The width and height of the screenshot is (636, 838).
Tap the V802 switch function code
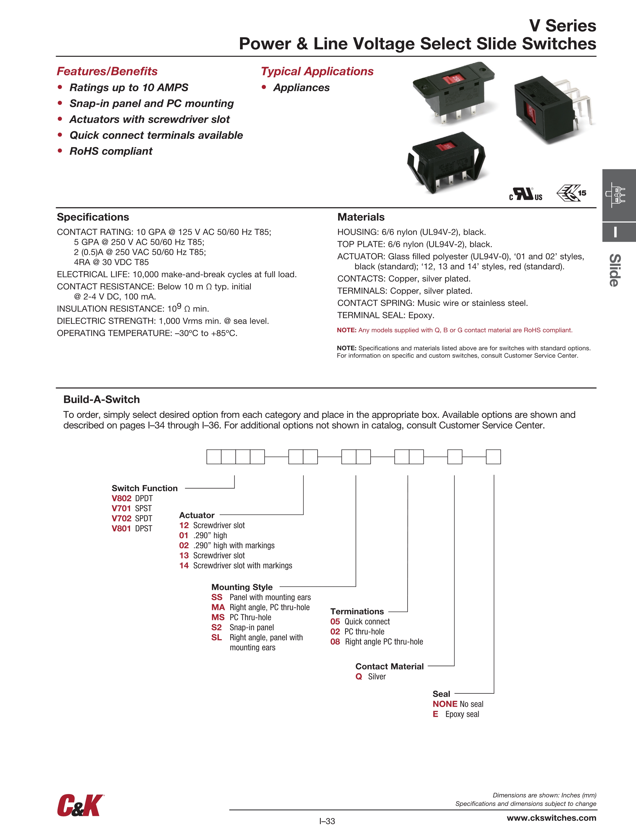point(121,499)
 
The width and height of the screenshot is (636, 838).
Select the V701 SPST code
point(121,508)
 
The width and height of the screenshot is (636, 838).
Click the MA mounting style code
point(218,607)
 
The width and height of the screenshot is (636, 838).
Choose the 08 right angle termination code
point(335,642)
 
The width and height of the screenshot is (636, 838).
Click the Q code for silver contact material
point(358,677)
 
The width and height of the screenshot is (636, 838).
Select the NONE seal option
point(445,704)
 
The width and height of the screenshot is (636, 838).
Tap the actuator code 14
point(184,566)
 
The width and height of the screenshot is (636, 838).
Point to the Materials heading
point(361,217)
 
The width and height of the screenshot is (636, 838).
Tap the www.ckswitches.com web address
point(551,818)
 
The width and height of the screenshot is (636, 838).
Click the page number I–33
point(327,821)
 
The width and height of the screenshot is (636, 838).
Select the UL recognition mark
point(526,194)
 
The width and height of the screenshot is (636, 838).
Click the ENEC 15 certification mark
point(571,193)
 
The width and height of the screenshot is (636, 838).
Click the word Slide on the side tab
point(615,270)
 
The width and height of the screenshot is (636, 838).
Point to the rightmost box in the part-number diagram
point(493,457)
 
